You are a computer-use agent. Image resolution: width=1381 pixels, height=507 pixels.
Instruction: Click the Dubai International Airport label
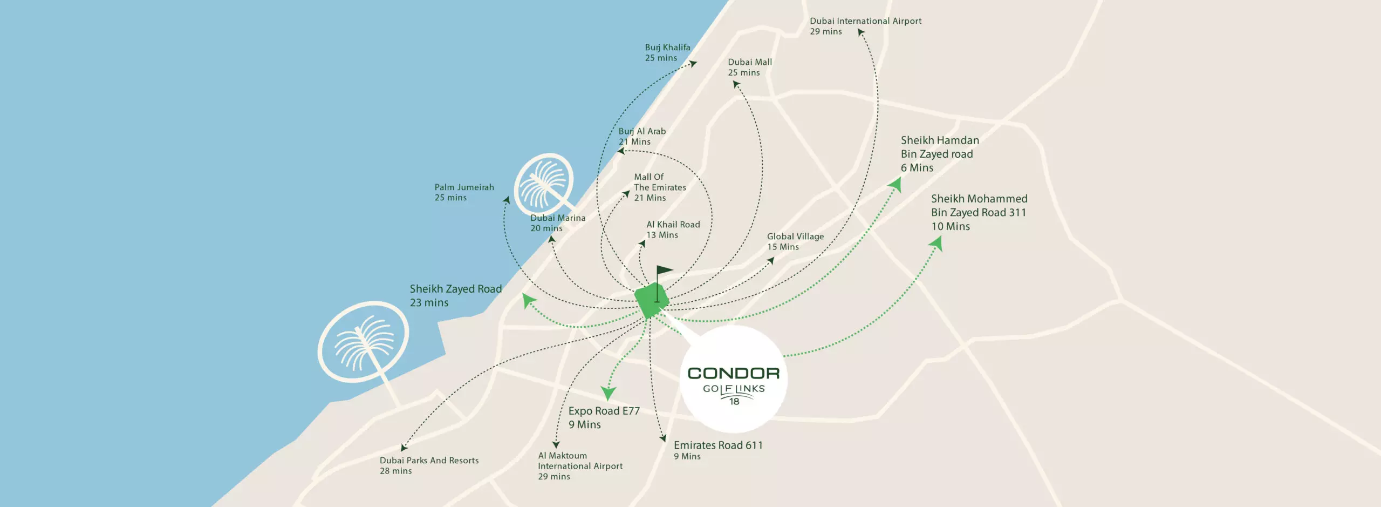(865, 26)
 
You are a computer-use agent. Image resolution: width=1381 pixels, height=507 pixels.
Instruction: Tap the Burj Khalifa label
(667, 52)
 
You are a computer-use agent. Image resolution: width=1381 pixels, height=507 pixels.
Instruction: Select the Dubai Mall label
(750, 67)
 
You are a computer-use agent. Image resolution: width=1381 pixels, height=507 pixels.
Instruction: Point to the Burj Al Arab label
(642, 136)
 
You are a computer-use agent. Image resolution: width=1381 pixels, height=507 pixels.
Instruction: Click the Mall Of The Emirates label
(660, 187)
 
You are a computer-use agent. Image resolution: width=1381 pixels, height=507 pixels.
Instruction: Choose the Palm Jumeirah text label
(464, 192)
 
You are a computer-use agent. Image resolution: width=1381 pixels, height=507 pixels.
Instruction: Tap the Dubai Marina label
(557, 223)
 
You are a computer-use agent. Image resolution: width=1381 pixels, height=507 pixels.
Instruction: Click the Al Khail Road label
(673, 229)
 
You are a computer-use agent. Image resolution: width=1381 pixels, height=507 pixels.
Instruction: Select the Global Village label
(795, 241)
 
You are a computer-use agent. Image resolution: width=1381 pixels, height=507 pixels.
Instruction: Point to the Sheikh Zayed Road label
(455, 295)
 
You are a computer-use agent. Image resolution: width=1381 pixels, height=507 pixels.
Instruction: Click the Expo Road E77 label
(604, 417)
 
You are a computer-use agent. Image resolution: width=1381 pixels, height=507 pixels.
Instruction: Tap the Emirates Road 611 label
(718, 450)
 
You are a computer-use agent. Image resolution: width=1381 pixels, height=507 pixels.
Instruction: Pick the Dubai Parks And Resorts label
(429, 465)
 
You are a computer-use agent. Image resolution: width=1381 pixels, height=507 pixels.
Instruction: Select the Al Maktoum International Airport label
(580, 466)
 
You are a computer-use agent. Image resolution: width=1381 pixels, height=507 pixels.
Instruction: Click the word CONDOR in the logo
(733, 373)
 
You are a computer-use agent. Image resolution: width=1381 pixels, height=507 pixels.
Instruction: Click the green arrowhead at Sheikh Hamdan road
(895, 185)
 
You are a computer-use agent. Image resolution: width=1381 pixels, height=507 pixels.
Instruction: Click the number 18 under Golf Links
(734, 402)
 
